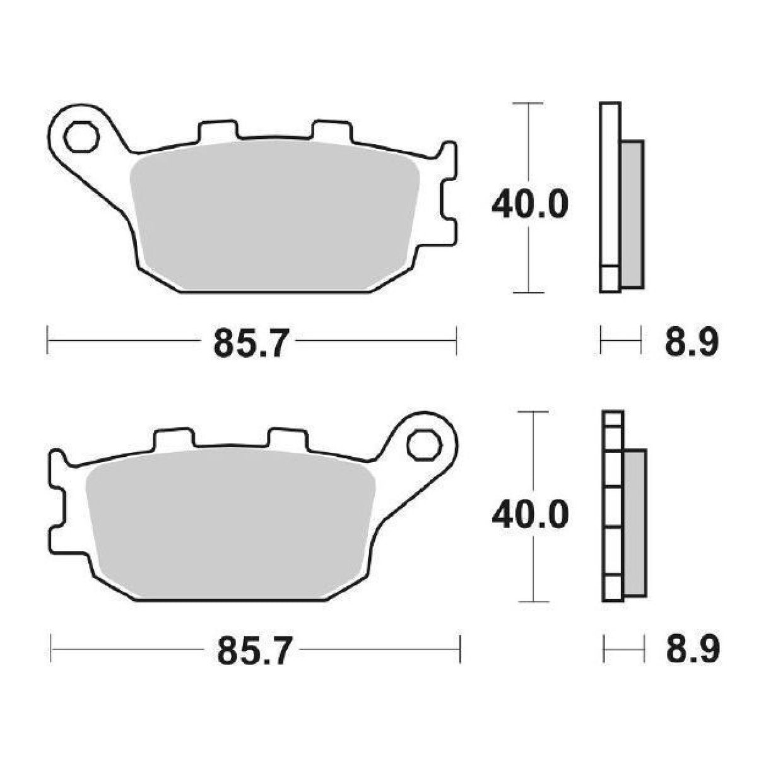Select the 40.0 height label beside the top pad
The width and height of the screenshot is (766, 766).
tap(530, 204)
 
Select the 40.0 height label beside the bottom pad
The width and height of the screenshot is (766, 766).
tap(530, 515)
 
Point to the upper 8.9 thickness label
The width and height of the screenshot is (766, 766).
tap(692, 344)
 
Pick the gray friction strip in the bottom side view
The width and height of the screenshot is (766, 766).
tap(635, 524)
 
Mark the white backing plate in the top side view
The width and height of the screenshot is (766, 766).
tap(610, 189)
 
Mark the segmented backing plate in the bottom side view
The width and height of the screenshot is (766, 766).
tap(613, 505)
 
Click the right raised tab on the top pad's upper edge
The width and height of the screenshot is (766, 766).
tap(332, 130)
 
